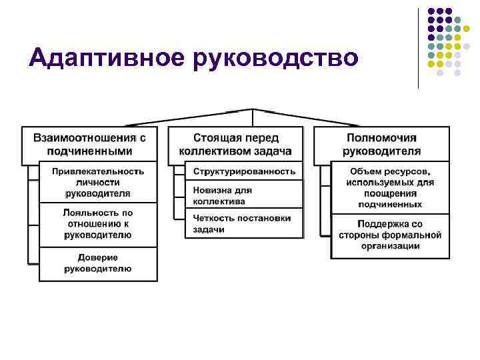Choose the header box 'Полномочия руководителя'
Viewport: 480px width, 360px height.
pos(381,144)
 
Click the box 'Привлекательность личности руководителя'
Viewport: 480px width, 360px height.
pos(98,182)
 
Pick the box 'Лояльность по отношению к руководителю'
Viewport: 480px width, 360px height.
pos(98,223)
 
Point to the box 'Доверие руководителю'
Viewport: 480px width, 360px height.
pos(98,263)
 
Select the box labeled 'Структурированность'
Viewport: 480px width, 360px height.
pos(244,171)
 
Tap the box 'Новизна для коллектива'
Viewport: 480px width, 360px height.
pos(244,195)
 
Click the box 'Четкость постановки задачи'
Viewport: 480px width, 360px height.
pos(244,223)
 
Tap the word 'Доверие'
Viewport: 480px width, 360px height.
pos(97,257)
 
